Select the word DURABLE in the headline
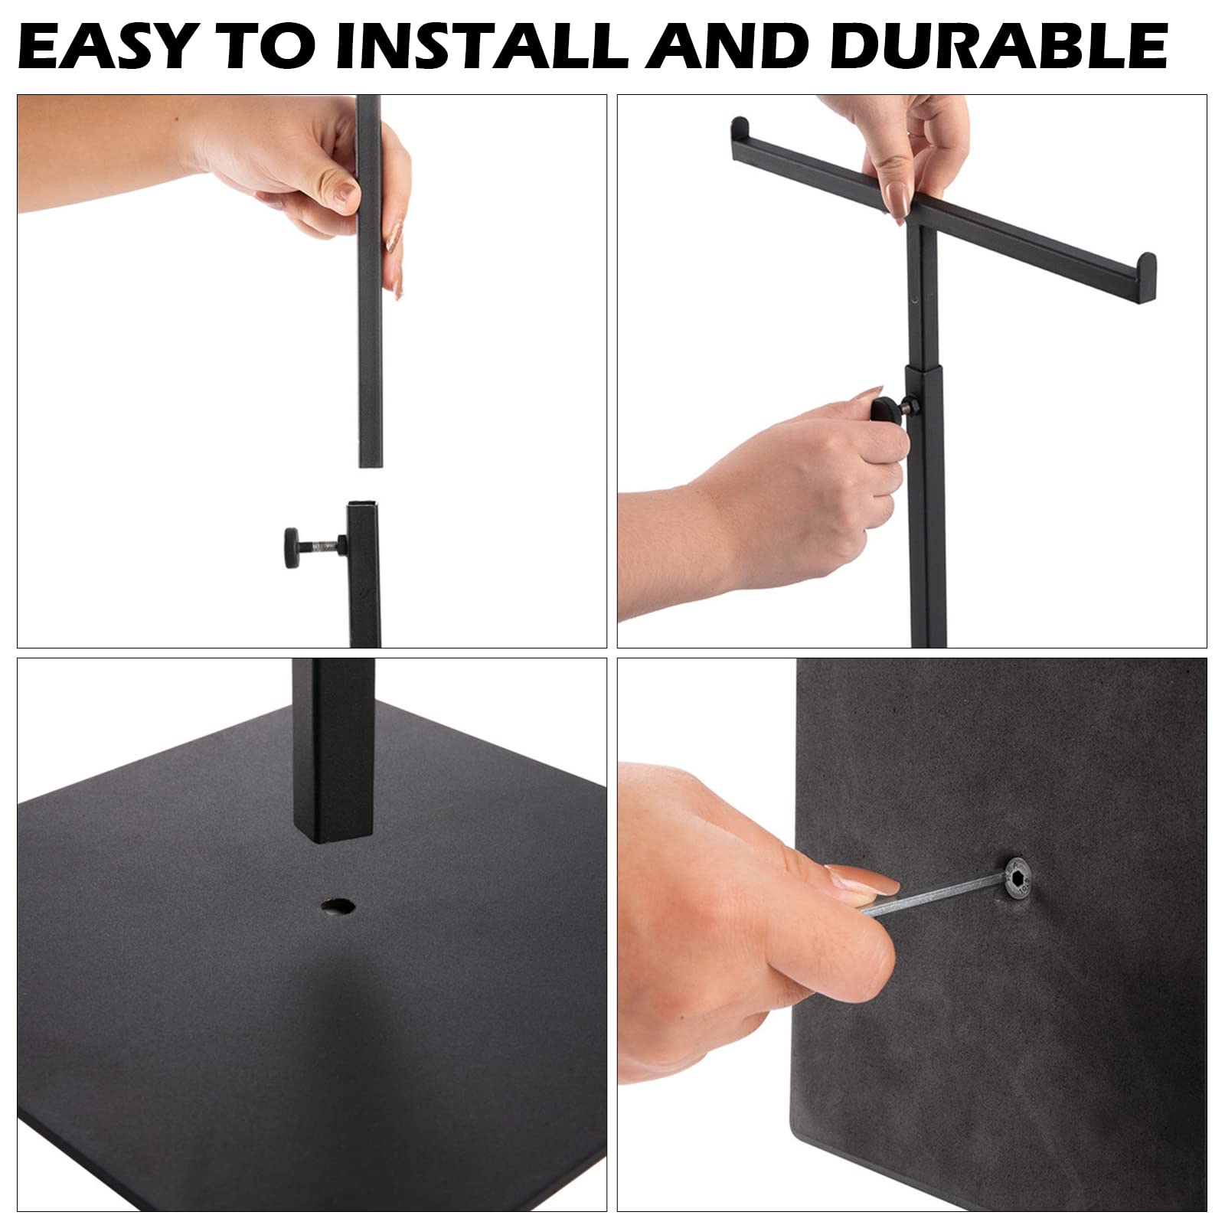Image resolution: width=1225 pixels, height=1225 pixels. click(x=998, y=46)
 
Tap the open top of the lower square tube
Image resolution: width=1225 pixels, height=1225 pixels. click(x=364, y=506)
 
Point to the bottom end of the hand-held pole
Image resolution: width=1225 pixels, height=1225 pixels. click(x=370, y=462)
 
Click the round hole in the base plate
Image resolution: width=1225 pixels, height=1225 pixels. click(x=338, y=907)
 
